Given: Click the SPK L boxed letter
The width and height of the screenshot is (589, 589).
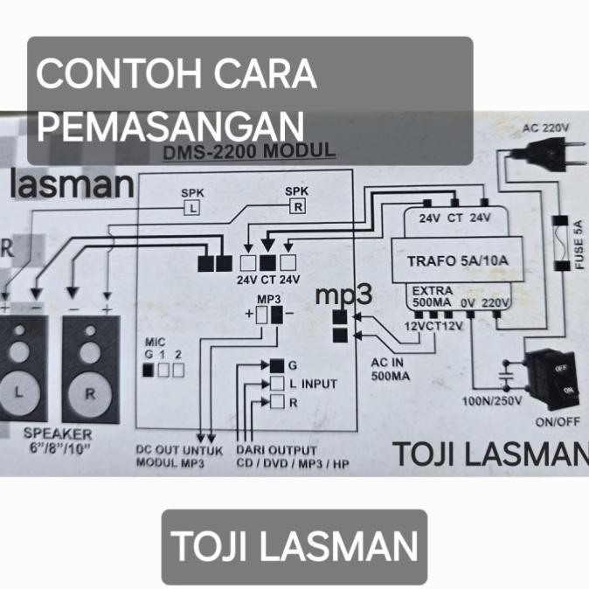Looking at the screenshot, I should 191,207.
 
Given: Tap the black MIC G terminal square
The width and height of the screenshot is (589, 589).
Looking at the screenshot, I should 148,370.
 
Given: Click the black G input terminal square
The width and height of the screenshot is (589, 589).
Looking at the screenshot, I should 276,365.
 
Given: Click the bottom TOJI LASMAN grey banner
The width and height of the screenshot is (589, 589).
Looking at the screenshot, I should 294,546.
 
